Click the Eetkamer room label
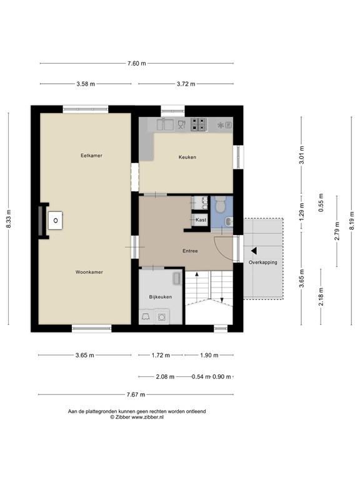[91, 156]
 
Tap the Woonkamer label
[89, 272]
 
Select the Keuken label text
[187, 157]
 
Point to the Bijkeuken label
[161, 297]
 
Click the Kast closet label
[201, 220]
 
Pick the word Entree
[190, 251]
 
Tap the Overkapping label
[263, 262]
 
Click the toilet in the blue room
[220, 204]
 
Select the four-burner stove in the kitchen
[198, 124]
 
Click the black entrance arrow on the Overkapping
[254, 251]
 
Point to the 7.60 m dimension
[136, 64]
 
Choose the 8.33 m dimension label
[9, 219]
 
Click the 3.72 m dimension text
[186, 84]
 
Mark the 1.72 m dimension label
[161, 356]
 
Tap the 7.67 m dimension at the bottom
[136, 394]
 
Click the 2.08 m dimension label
[165, 377]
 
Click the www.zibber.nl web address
[147, 417]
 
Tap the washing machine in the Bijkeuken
[162, 317]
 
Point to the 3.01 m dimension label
[301, 155]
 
